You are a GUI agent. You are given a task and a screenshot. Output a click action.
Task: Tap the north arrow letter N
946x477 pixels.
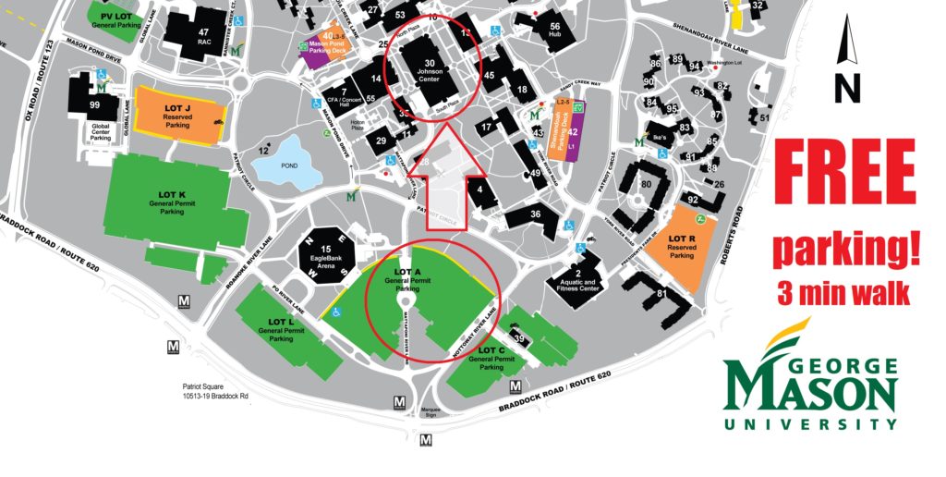point(846,89)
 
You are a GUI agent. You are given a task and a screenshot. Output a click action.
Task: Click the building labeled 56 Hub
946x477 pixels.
point(554,31)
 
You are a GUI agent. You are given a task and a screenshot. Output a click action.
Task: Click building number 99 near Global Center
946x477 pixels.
point(94,105)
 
